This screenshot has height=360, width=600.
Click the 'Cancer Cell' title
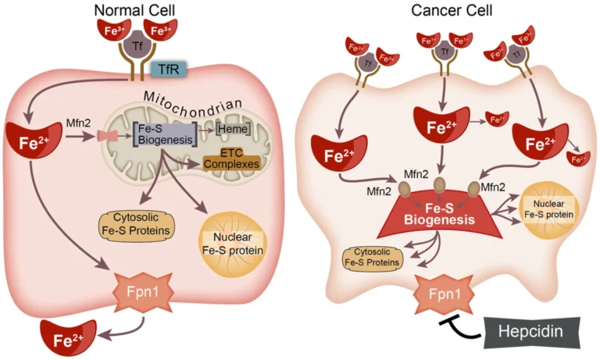pyautogui.click(x=448, y=10)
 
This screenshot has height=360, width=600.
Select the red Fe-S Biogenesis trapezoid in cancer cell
pyautogui.click(x=438, y=214)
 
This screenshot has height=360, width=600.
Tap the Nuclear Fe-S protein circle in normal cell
pyautogui.click(x=231, y=241)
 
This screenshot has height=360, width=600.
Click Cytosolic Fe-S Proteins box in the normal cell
pyautogui.click(x=135, y=223)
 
